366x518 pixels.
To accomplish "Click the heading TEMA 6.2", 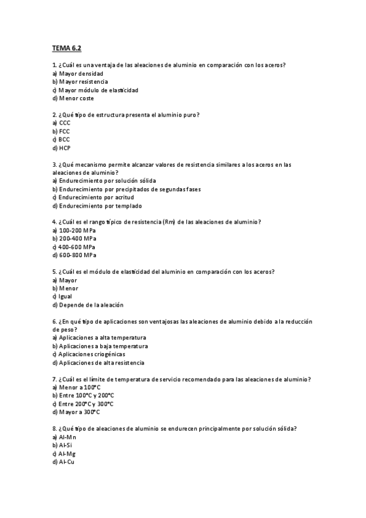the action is (x=67, y=48).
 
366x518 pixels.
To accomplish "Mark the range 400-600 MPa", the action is (x=74, y=247).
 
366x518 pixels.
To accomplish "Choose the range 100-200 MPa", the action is (x=74, y=230).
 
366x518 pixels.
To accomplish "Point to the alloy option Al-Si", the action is (x=63, y=445).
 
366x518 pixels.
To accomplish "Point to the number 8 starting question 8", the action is (x=54, y=429).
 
